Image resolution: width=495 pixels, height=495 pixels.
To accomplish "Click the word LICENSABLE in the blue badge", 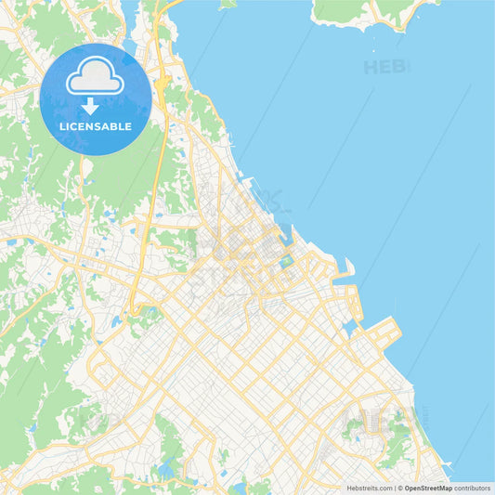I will [95, 125].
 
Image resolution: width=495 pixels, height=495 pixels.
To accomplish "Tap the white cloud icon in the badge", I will [95, 79].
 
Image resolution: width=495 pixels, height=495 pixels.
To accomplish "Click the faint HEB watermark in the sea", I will [384, 67].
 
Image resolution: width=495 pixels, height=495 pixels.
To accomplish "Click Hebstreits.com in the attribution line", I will [370, 488].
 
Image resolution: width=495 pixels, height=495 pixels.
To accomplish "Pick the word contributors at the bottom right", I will [473, 488].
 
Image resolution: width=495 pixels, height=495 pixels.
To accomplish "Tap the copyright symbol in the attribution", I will [400, 488].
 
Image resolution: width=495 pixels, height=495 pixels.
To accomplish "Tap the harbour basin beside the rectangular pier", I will [350, 328].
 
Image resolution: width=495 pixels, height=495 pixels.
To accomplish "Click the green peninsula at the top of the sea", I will [371, 11].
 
